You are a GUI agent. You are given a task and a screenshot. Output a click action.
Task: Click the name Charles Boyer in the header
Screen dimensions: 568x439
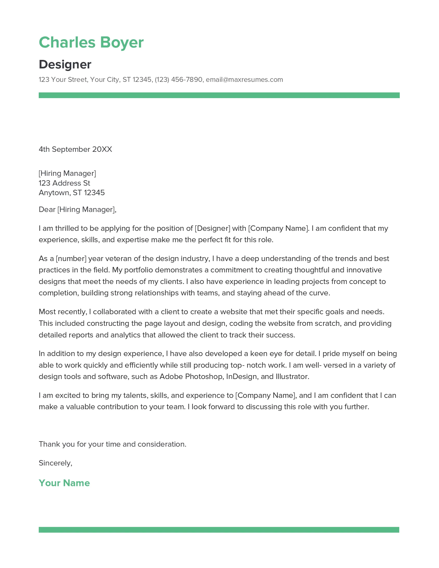click(x=91, y=42)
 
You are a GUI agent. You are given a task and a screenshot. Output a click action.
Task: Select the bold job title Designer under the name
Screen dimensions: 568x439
click(x=65, y=65)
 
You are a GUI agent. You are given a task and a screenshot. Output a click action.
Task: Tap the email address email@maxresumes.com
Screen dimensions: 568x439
click(x=244, y=80)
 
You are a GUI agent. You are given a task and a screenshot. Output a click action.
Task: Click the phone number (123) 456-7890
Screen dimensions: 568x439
click(x=178, y=80)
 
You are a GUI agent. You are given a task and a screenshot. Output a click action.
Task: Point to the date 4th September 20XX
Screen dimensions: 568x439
click(x=75, y=149)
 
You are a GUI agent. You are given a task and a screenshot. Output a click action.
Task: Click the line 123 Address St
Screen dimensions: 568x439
click(x=64, y=183)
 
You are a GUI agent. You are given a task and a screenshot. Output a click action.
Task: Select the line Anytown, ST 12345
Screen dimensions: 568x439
click(x=72, y=193)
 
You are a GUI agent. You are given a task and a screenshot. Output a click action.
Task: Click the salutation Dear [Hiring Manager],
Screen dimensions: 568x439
click(x=77, y=210)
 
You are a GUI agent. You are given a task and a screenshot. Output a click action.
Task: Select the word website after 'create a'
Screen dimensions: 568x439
click(x=233, y=312)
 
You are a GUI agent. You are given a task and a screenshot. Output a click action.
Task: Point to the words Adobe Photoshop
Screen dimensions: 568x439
click(x=191, y=377)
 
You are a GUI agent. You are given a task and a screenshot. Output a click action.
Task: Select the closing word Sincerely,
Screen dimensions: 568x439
click(x=56, y=463)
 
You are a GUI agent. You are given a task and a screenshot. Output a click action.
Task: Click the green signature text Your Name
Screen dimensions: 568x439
click(x=64, y=483)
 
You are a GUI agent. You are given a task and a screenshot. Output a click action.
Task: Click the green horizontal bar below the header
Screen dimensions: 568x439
click(x=219, y=95)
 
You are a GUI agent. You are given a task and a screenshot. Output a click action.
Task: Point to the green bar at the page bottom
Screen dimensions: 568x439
click(x=219, y=530)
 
